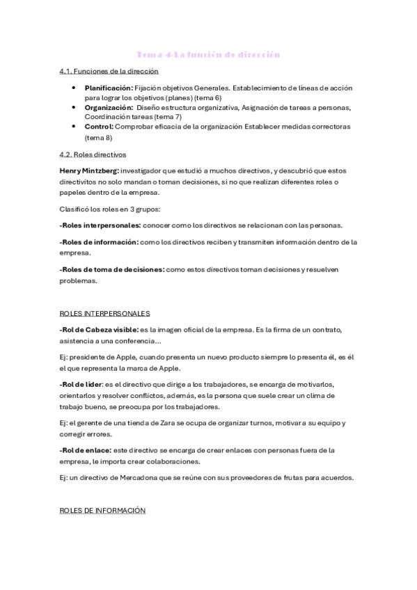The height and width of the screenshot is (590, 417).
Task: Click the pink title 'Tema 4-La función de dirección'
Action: pyautogui.click(x=208, y=54)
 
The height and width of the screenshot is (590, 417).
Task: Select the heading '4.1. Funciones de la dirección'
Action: pyautogui.click(x=109, y=71)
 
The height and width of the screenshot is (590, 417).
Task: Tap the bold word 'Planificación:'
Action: pyautogui.click(x=109, y=88)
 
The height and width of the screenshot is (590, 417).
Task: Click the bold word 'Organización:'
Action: pyautogui.click(x=109, y=107)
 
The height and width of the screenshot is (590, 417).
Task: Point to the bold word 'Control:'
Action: pyautogui.click(x=99, y=127)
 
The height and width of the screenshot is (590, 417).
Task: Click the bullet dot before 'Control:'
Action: pyautogui.click(x=74, y=127)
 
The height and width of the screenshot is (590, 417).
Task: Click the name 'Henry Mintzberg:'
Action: pyautogui.click(x=89, y=170)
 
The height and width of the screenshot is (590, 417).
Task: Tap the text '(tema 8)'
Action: pyautogui.click(x=100, y=137)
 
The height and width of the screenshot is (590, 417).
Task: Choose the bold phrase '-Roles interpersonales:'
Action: pyautogui.click(x=100, y=225)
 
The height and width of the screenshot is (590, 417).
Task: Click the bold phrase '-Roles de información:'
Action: pyautogui.click(x=99, y=242)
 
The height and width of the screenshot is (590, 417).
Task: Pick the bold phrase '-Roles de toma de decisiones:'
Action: pyautogui.click(x=112, y=270)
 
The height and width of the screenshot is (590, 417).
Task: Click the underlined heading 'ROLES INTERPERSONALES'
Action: pyautogui.click(x=105, y=313)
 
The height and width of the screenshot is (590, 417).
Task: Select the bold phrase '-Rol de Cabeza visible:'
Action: pyautogui.click(x=99, y=329)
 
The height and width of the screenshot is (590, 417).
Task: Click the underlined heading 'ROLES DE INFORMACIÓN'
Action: pyautogui.click(x=103, y=510)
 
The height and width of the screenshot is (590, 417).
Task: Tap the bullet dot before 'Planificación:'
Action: pyautogui.click(x=74, y=88)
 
